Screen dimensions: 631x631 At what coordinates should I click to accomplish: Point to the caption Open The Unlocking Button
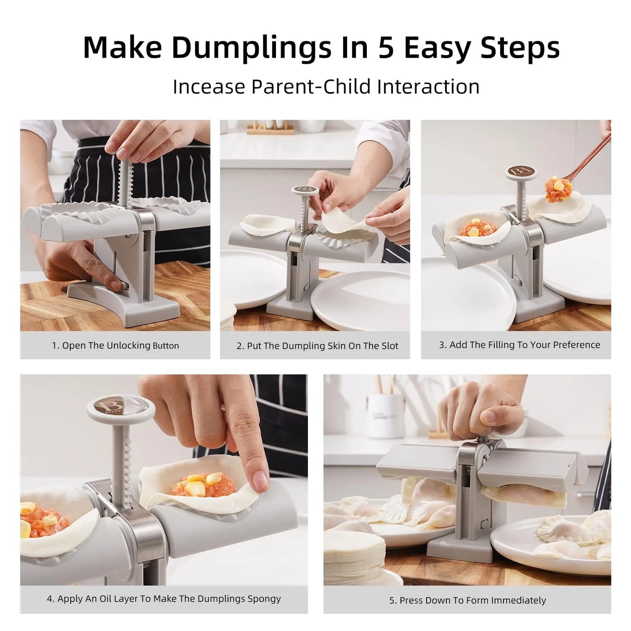click(x=115, y=345)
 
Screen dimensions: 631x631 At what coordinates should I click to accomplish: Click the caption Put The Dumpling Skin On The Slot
click(x=317, y=346)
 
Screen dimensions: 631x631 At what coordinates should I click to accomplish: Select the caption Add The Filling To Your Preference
click(x=519, y=345)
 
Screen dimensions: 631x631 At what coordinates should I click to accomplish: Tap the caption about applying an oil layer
click(x=164, y=599)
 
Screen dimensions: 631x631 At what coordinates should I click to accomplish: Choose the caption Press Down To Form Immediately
click(x=467, y=600)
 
